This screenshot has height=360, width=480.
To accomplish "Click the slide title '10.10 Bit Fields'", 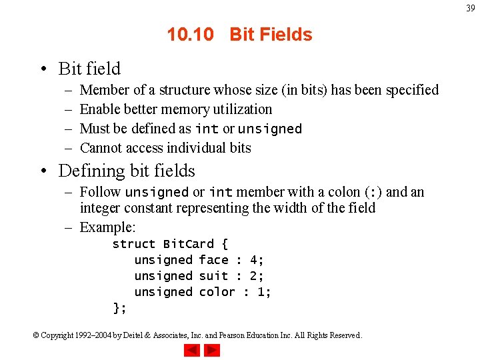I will coord(239,35).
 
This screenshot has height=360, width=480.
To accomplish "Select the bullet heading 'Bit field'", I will coord(89,69).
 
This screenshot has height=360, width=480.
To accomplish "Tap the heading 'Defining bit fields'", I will coord(127,171).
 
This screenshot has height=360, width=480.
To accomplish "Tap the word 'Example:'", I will coord(107,227).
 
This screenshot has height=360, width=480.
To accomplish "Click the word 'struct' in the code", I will coord(133,244).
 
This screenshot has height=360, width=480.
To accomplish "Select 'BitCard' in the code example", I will coord(189,244).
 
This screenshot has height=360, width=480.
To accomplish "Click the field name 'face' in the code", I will coord(213,260).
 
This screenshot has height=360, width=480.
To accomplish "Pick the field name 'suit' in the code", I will coord(213,276).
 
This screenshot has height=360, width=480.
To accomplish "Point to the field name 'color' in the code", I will coord(217,292).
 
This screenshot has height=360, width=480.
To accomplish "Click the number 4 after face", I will coord(253,260).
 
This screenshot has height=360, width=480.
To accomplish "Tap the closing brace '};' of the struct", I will coord(119,308).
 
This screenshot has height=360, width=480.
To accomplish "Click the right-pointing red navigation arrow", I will coord(211,350).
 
